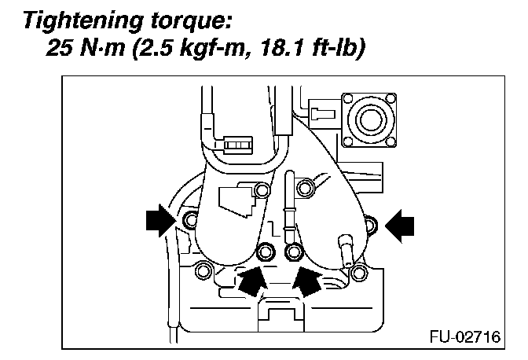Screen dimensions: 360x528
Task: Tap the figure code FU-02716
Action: (x=463, y=336)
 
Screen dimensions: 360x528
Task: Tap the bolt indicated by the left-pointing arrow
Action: (x=371, y=226)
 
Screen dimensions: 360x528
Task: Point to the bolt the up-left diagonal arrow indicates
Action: (x=293, y=252)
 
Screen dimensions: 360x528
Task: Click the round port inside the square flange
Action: (x=367, y=119)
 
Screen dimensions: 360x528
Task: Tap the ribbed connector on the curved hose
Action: (x=236, y=145)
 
